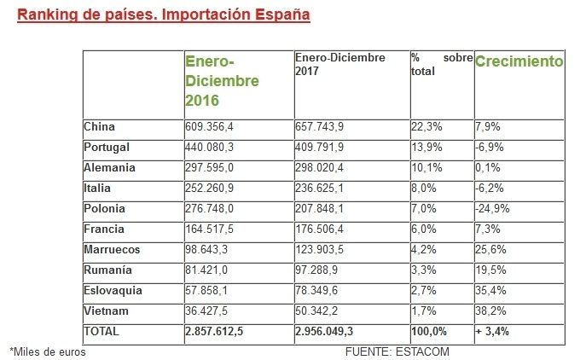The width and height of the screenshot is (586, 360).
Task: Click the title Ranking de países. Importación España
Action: tap(163, 15)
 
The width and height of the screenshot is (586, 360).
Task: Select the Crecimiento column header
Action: tap(519, 62)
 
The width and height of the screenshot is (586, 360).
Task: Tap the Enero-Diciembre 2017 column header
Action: tap(339, 64)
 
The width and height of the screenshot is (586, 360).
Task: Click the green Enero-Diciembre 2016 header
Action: tap(222, 81)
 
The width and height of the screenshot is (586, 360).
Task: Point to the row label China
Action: tap(99, 127)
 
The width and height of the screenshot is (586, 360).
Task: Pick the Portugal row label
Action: tap(106, 148)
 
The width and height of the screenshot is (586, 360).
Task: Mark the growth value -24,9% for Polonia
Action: tap(492, 209)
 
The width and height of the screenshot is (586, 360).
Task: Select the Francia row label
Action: tap(104, 229)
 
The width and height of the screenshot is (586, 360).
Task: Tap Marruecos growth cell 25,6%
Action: tap(490, 249)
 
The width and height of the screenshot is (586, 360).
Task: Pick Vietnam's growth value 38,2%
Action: tap(490, 311)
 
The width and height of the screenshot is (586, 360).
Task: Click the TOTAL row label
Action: tap(102, 331)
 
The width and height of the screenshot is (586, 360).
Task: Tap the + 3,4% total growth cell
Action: tap(492, 331)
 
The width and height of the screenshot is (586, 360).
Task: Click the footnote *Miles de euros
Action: tap(48, 351)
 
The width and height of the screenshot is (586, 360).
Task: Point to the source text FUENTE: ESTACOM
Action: tap(397, 351)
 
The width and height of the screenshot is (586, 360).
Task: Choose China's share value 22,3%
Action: tap(426, 127)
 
